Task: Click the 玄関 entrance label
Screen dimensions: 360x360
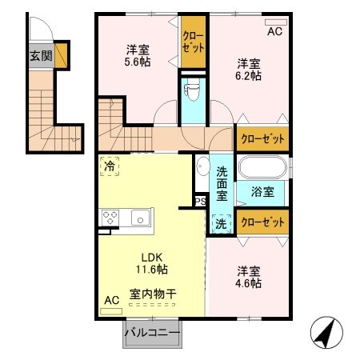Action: [42, 56]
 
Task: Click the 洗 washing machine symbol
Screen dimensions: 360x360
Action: [220, 225]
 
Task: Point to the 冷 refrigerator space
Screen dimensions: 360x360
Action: [109, 166]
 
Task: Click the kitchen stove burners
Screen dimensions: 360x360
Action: [110, 216]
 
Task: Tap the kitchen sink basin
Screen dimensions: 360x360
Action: [140, 216]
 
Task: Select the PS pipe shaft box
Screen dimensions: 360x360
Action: [199, 202]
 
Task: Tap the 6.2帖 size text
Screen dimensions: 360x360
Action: [249, 77]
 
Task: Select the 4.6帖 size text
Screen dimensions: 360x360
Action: [249, 282]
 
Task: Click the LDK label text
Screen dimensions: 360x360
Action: [152, 258]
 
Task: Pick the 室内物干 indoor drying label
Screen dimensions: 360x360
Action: [154, 294]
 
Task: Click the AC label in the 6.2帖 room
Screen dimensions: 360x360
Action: [274, 33]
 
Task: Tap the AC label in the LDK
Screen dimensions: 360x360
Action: [111, 299]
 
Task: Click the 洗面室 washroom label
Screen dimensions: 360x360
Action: [222, 182]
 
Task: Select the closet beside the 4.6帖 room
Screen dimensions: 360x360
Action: [262, 222]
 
